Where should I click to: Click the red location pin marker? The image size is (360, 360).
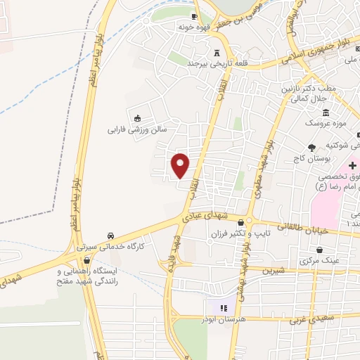181,165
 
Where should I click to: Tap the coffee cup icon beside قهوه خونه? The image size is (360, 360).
195,16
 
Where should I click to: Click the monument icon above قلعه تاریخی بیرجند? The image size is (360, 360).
217,53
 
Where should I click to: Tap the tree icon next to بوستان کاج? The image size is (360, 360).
311,148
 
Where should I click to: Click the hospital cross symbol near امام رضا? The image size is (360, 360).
353,164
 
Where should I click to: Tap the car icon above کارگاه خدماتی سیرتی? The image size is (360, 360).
110,236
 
